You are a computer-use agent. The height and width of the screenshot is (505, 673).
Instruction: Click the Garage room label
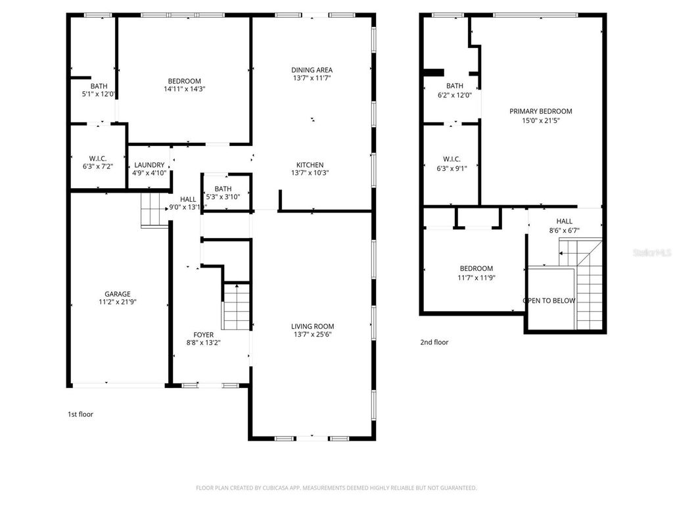click(117, 294)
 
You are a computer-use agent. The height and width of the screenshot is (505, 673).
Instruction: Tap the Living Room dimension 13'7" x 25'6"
click(313, 334)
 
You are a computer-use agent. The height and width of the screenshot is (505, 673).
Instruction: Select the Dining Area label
click(312, 70)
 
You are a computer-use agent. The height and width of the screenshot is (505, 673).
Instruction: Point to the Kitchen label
click(310, 164)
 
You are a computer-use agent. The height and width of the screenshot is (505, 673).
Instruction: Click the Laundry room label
click(149, 165)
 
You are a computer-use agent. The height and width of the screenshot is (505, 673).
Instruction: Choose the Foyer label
click(203, 335)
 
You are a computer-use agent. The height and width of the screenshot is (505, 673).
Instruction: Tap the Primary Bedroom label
click(540, 111)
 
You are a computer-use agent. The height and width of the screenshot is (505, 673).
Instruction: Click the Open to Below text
click(549, 301)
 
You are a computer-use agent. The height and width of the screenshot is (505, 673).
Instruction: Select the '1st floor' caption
click(81, 414)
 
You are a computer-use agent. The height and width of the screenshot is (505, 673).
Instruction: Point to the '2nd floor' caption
click(434, 342)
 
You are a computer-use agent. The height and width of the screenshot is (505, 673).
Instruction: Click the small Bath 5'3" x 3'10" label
click(223, 193)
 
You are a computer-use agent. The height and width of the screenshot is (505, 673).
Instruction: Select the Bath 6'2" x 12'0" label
click(455, 90)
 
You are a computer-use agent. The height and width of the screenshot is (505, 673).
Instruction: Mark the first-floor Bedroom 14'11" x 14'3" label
click(183, 85)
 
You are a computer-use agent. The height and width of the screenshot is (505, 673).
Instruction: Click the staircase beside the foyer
click(236, 306)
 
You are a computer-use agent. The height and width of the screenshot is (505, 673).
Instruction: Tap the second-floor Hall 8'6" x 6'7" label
click(564, 226)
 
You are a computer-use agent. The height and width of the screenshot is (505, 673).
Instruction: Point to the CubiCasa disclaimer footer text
click(336, 488)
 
